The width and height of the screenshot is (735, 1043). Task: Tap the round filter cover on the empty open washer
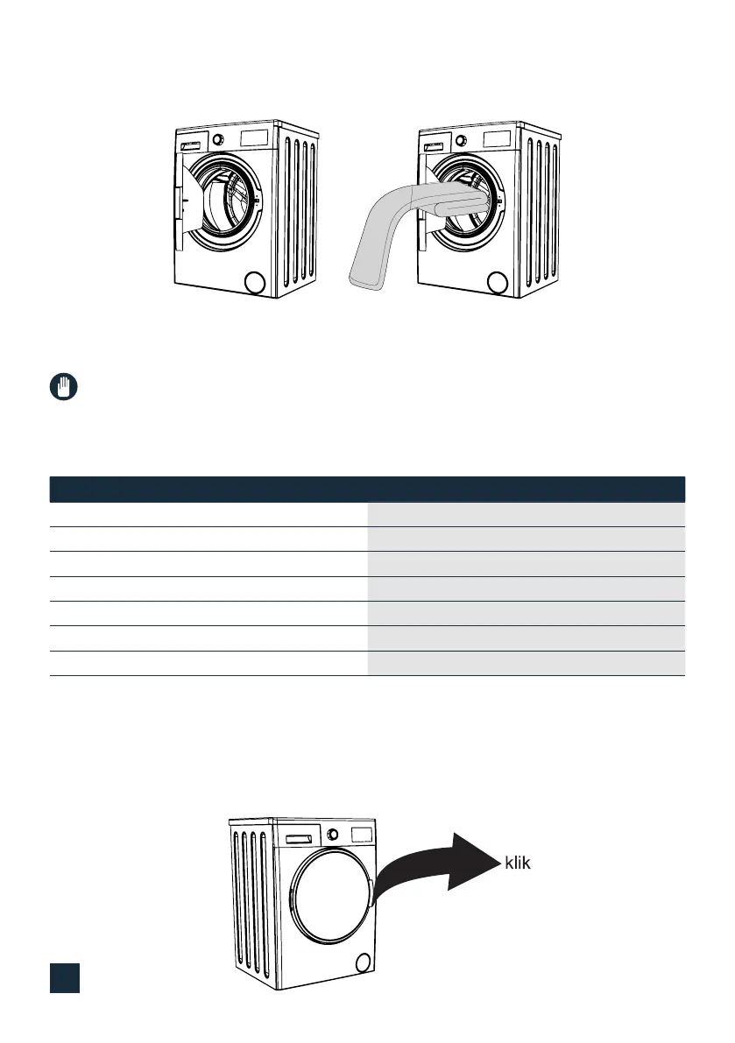pyautogui.click(x=254, y=282)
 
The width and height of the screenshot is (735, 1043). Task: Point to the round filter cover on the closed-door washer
pyautogui.click(x=363, y=963)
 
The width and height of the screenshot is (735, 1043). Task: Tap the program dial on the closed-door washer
pyautogui.click(x=333, y=834)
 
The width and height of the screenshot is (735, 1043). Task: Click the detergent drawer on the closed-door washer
pyautogui.click(x=295, y=839)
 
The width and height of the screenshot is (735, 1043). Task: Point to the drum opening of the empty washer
pyautogui.click(x=230, y=201)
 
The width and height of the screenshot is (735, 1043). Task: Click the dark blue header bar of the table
pyautogui.click(x=367, y=489)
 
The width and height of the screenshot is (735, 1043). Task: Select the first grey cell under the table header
pyautogui.click(x=525, y=514)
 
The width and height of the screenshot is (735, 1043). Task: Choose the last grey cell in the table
pyautogui.click(x=525, y=664)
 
